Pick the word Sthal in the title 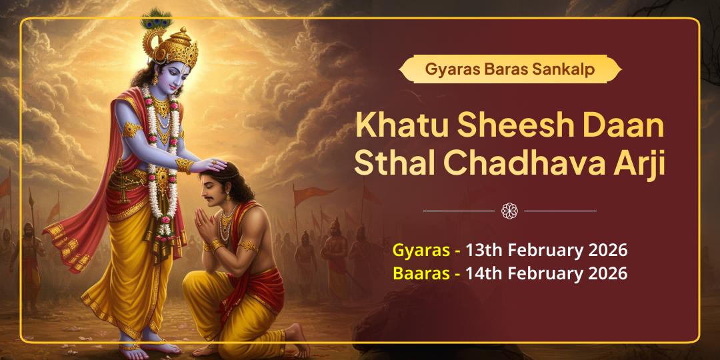click(x=392, y=163)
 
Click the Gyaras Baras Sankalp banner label click(x=510, y=69)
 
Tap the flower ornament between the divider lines click(x=509, y=211)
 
